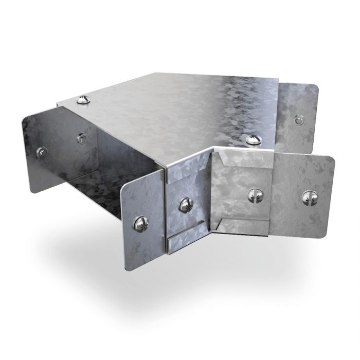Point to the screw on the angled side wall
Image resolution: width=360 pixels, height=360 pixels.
[x=185, y=205]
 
